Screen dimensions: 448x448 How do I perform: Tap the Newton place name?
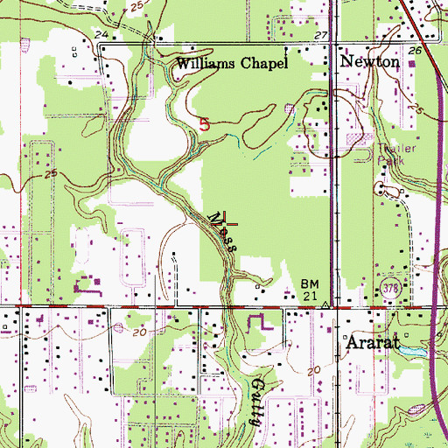click(x=369, y=63)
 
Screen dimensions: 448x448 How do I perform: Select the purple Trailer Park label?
click(x=399, y=154)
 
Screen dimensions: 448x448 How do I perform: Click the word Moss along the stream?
click(x=222, y=231)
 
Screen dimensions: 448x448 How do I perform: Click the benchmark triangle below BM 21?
click(x=325, y=305)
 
